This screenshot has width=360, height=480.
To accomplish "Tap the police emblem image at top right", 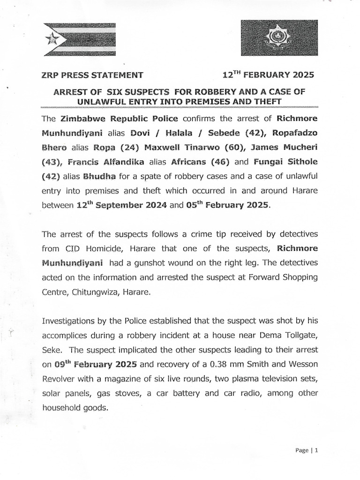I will tap(279, 39).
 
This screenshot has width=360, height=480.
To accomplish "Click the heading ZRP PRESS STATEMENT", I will tap(92, 75).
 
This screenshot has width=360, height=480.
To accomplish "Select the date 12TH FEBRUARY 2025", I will tap(268, 75).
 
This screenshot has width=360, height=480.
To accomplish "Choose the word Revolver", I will tap(60, 379).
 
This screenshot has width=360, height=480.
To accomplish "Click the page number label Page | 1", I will tap(307, 451).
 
